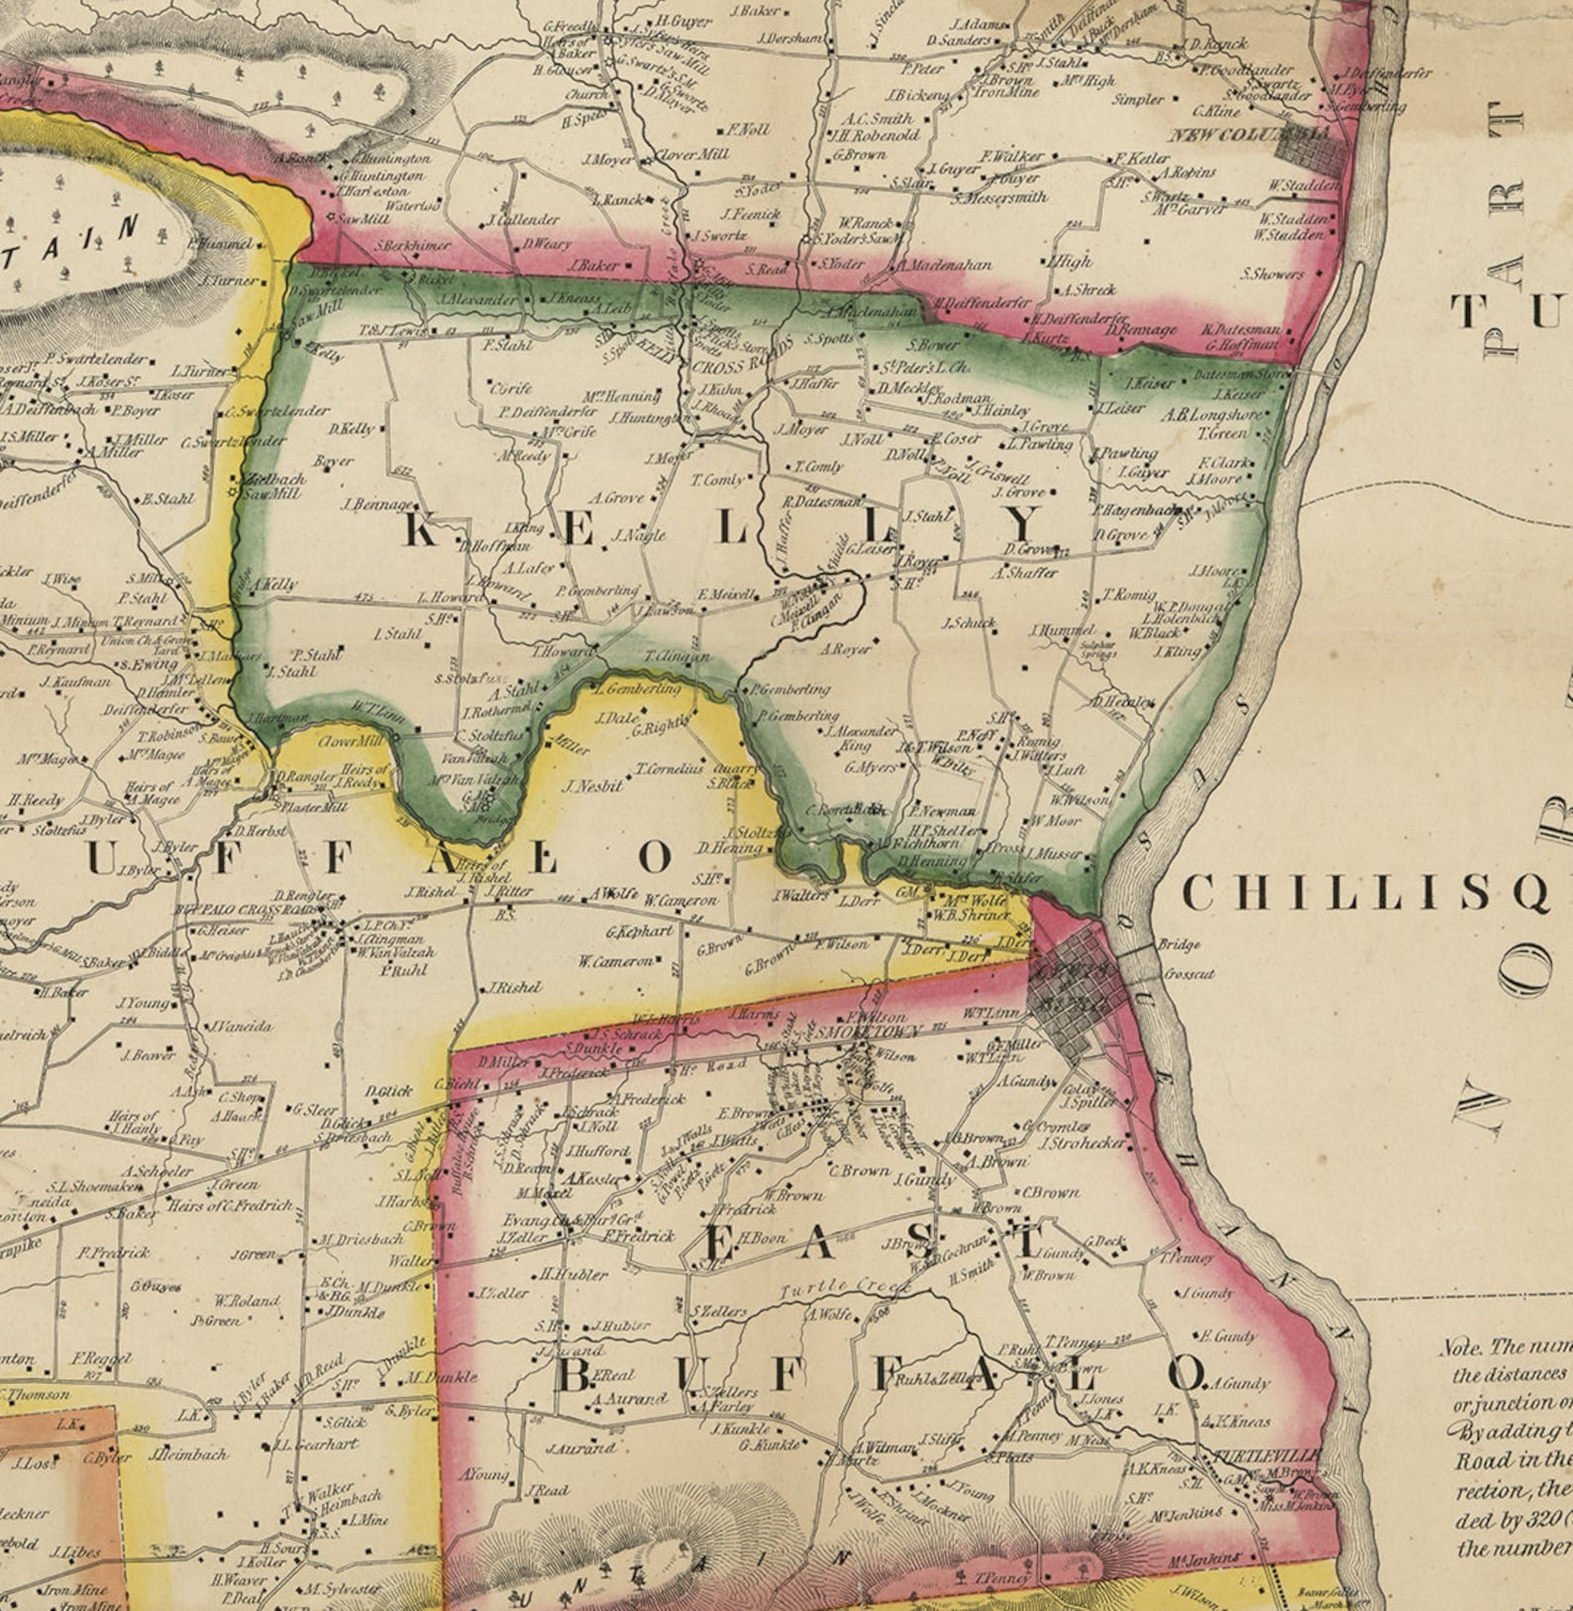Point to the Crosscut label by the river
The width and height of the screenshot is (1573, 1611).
[1189, 974]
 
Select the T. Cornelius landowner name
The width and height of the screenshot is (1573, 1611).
[669, 768]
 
